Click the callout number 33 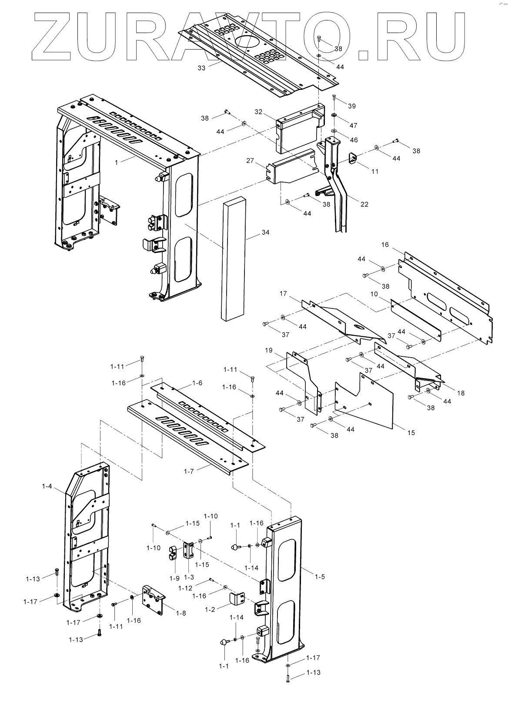click(x=201, y=68)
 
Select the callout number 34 click(x=265, y=232)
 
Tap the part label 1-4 click(x=47, y=486)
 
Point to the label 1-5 click(x=320, y=577)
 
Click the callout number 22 click(x=364, y=204)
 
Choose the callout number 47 click(x=353, y=126)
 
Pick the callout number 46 click(x=354, y=140)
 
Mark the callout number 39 click(x=352, y=106)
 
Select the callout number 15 click(x=411, y=432)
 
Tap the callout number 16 click(x=385, y=245)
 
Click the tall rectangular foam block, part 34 click(x=234, y=261)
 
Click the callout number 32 click(x=259, y=112)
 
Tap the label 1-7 click(x=189, y=471)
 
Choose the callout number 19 click(x=268, y=350)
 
